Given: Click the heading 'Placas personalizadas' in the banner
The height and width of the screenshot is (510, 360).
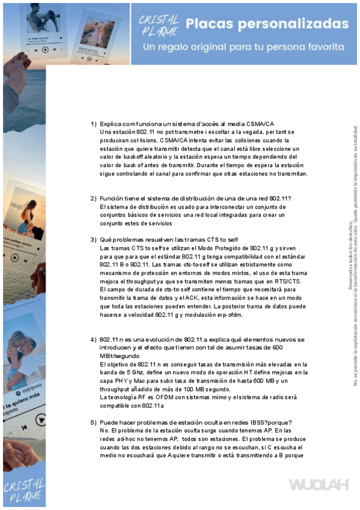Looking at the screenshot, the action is coord(267,24).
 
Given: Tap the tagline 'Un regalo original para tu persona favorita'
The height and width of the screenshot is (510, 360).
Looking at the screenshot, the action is coord(245,47).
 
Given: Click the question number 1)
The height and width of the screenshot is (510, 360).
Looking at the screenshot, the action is coord(93,123).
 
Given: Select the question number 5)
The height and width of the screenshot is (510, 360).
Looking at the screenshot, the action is coord(93,423).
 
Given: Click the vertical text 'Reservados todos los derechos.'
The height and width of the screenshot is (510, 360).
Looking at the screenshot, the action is coord(350,256).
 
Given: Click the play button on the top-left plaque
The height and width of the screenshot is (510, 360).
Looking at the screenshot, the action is coord(45,50).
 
